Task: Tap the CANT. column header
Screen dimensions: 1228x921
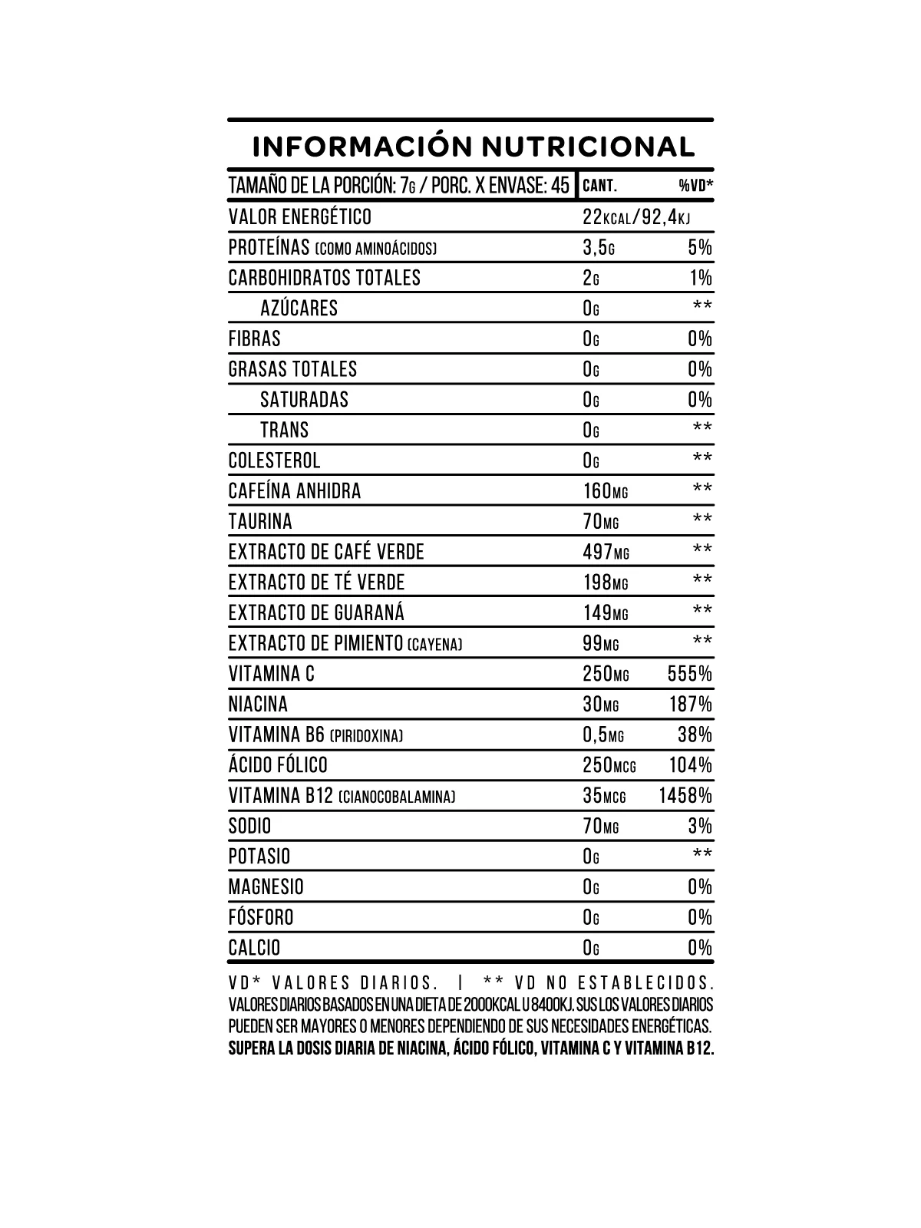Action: click(x=600, y=186)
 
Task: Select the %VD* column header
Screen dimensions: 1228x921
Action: click(x=696, y=186)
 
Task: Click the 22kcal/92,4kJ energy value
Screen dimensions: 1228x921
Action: click(x=636, y=217)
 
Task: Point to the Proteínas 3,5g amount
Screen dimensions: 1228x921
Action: click(x=599, y=248)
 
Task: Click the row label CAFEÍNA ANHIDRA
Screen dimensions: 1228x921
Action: click(x=295, y=491)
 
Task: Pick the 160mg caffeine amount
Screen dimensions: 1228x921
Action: click(x=605, y=491)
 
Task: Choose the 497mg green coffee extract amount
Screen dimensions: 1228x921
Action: click(x=605, y=552)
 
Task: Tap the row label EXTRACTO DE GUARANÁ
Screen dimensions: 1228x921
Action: click(x=316, y=612)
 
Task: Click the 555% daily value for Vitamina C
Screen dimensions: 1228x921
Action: click(x=690, y=674)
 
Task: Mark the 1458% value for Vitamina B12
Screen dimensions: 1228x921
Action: click(x=685, y=796)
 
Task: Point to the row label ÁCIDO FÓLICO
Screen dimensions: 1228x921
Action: click(x=278, y=765)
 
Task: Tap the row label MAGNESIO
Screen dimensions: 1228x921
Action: click(x=266, y=887)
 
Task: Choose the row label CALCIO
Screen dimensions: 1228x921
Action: click(x=254, y=948)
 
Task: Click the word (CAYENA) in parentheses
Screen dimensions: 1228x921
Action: click(x=435, y=645)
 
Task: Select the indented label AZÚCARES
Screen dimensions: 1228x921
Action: click(x=299, y=309)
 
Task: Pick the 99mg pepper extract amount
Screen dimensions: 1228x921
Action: click(x=600, y=643)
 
